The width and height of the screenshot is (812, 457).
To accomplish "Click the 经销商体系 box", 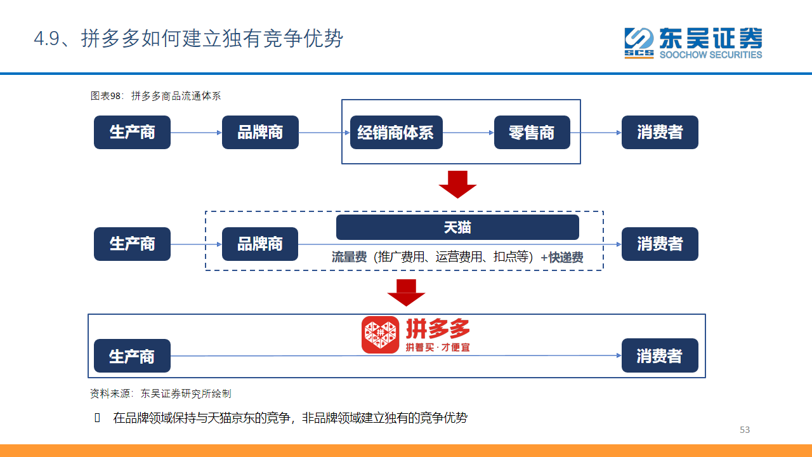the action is [x=396, y=133].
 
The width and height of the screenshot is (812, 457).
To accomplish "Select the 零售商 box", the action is [x=532, y=133].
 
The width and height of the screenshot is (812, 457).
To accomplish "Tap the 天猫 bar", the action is [x=457, y=227].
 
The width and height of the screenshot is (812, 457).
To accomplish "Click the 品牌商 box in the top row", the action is [x=260, y=133].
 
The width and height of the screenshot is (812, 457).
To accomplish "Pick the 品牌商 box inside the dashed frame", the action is [x=260, y=244].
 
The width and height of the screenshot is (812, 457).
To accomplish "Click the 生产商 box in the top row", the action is [x=132, y=133].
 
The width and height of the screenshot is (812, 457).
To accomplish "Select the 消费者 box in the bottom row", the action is [x=660, y=355].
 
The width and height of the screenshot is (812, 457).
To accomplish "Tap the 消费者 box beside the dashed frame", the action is [x=660, y=244].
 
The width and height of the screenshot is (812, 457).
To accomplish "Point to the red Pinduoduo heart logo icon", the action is [x=380, y=334].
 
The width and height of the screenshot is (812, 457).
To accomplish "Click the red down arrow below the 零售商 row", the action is [x=457, y=185].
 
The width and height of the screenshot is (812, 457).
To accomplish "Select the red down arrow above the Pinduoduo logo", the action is [x=406, y=293].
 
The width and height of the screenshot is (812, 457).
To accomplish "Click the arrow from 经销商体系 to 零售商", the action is [x=468, y=133].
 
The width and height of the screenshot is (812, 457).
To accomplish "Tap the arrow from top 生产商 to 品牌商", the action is [x=196, y=133].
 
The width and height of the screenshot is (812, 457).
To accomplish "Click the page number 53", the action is [x=745, y=430].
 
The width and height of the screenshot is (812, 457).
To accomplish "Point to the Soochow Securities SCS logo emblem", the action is [x=639, y=43].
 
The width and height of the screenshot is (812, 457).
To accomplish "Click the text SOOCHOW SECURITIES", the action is [x=711, y=55].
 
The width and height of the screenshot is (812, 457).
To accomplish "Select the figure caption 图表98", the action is [x=105, y=96].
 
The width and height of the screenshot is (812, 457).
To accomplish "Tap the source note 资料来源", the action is [x=110, y=394].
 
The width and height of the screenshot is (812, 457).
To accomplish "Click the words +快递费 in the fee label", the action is [x=562, y=258].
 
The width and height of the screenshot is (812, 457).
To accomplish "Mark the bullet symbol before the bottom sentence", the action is [x=97, y=418].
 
